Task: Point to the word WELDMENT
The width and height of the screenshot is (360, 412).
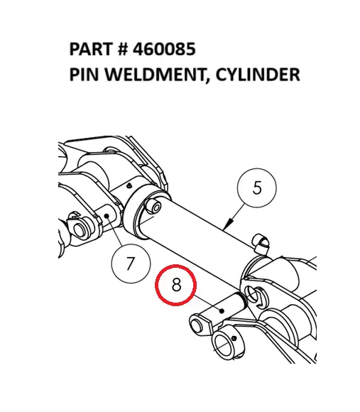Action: click(149, 74)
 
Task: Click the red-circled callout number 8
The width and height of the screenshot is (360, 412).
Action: click(176, 286)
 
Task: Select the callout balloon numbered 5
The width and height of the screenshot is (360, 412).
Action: click(256, 188)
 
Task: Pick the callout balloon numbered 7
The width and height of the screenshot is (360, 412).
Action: click(129, 263)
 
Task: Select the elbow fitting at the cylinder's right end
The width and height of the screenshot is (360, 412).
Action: click(261, 242)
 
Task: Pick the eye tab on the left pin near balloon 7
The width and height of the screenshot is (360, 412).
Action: click(80, 229)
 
